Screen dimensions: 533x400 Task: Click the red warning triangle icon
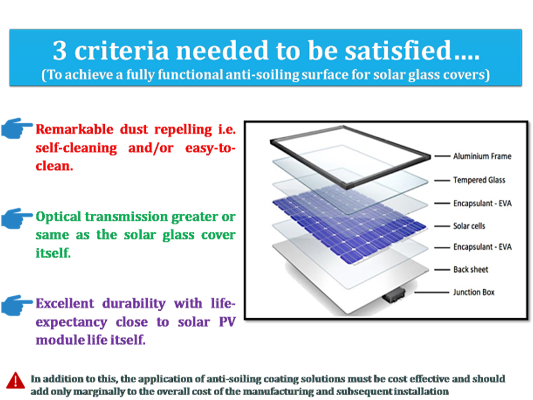point(15,381)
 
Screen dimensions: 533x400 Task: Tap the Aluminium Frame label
point(482,156)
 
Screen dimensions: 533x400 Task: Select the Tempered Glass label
point(479,180)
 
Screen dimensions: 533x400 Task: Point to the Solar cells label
point(469,226)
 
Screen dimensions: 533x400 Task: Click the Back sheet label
point(470,270)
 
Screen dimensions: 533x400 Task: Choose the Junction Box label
point(474,292)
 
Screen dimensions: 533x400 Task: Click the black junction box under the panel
point(393,295)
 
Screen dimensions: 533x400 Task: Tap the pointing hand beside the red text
point(17,128)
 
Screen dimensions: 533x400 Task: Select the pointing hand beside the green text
point(17,218)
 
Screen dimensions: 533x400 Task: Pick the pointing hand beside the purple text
point(17,305)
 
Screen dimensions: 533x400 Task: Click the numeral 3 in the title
point(60,50)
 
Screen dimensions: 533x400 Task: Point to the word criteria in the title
point(121,50)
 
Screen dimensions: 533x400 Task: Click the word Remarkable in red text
point(74,129)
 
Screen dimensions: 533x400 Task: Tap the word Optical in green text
point(58,217)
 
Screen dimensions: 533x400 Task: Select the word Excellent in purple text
point(65,303)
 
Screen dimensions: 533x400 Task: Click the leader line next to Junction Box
point(432,293)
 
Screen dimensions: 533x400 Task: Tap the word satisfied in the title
point(398,50)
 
